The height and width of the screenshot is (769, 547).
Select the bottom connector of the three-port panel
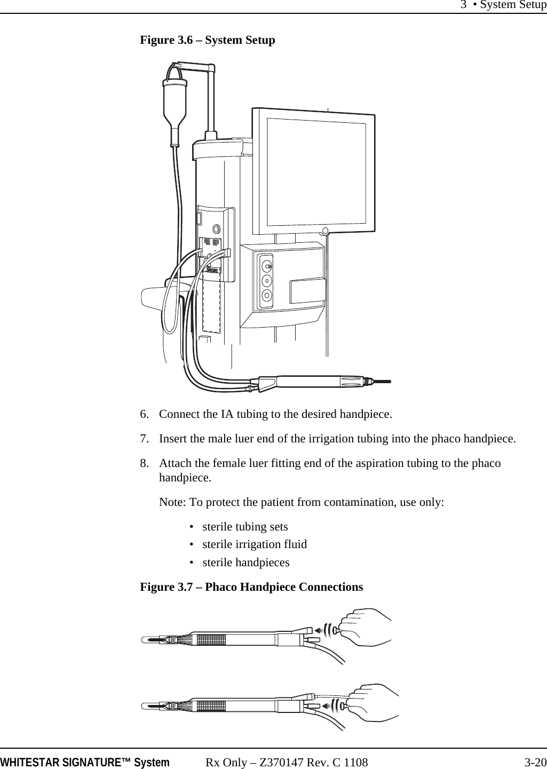[x=267, y=294]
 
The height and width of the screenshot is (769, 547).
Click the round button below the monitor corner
[x=324, y=231]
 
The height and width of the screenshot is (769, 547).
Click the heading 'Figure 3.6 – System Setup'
[x=207, y=40]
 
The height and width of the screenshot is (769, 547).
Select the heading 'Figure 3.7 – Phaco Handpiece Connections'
[x=251, y=587]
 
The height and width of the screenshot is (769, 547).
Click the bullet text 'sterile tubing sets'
[x=245, y=527]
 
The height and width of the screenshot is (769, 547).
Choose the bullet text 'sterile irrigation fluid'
[x=255, y=544]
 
